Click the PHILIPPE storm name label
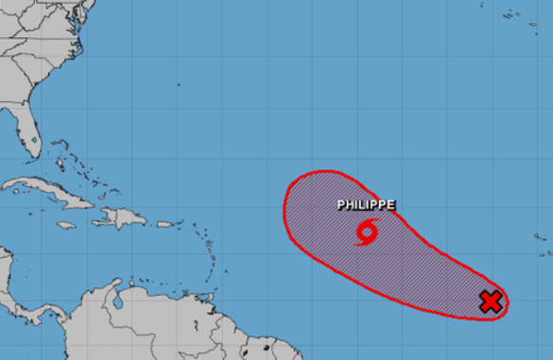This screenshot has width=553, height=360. coord(366,204)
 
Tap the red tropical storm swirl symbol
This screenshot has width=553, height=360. coord(367,231)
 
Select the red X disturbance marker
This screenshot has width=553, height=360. coord(490,302)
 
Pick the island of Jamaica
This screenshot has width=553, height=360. coord(65,226)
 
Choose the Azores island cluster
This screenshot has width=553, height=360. coord(515,16)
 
